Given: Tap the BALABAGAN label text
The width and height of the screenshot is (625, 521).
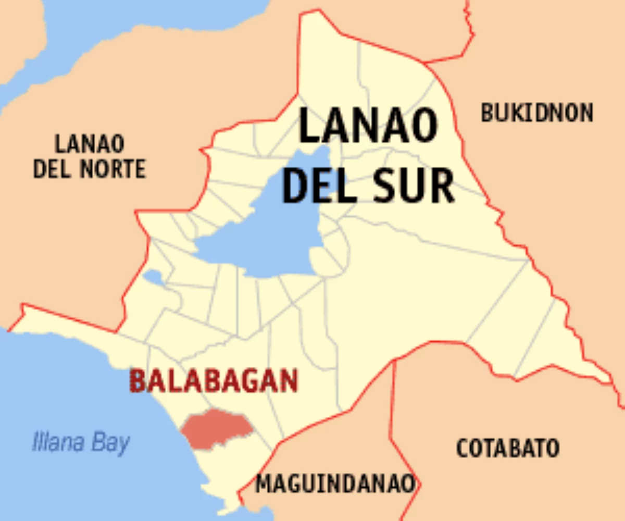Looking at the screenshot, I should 214,381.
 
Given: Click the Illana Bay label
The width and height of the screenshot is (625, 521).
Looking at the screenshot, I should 81,443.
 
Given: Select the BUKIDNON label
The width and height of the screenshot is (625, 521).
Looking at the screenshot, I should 537,113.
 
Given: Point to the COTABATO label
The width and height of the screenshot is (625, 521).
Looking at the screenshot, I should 508,448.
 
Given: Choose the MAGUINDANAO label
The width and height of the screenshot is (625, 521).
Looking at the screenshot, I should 335,485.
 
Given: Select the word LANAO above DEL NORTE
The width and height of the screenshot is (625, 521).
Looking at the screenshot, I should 90,144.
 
